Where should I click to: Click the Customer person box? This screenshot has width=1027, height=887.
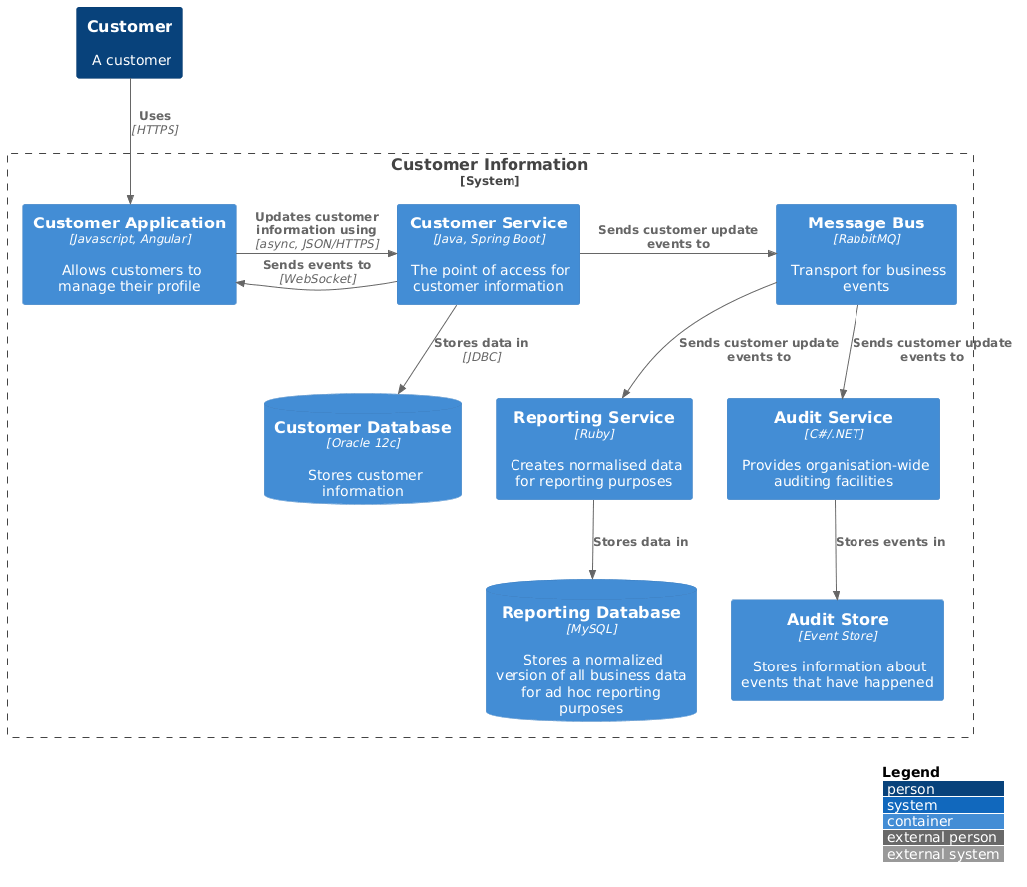[x=130, y=43]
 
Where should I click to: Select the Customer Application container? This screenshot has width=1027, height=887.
[x=130, y=254]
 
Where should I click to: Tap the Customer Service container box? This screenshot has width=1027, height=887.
[x=489, y=254]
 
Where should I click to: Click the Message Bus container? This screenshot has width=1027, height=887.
[x=865, y=254]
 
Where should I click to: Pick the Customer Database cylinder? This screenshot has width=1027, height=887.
[x=362, y=450]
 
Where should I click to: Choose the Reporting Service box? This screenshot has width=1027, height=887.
[x=594, y=449]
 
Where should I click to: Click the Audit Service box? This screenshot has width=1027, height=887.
[x=834, y=449]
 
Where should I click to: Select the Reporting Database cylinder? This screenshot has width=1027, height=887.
[x=590, y=651]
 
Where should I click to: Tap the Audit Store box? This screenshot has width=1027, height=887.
[x=838, y=651]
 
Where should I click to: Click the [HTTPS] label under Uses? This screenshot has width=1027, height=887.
[x=155, y=130]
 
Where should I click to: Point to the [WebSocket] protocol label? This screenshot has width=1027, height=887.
[x=317, y=279]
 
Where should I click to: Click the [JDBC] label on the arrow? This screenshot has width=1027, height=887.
[x=482, y=357]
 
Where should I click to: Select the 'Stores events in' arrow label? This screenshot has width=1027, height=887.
[x=890, y=542]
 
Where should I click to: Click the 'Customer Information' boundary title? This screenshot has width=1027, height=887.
[x=490, y=165]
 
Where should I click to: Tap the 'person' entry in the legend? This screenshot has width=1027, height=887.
[x=943, y=790]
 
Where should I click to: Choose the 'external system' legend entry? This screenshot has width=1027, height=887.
[x=943, y=854]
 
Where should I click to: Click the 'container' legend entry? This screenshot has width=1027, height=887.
[x=943, y=822]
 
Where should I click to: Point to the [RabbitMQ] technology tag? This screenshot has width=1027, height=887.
[x=865, y=240]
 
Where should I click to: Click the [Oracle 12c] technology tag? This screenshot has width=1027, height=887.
[x=363, y=443]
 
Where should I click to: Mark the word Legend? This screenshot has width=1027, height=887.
[x=911, y=773]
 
